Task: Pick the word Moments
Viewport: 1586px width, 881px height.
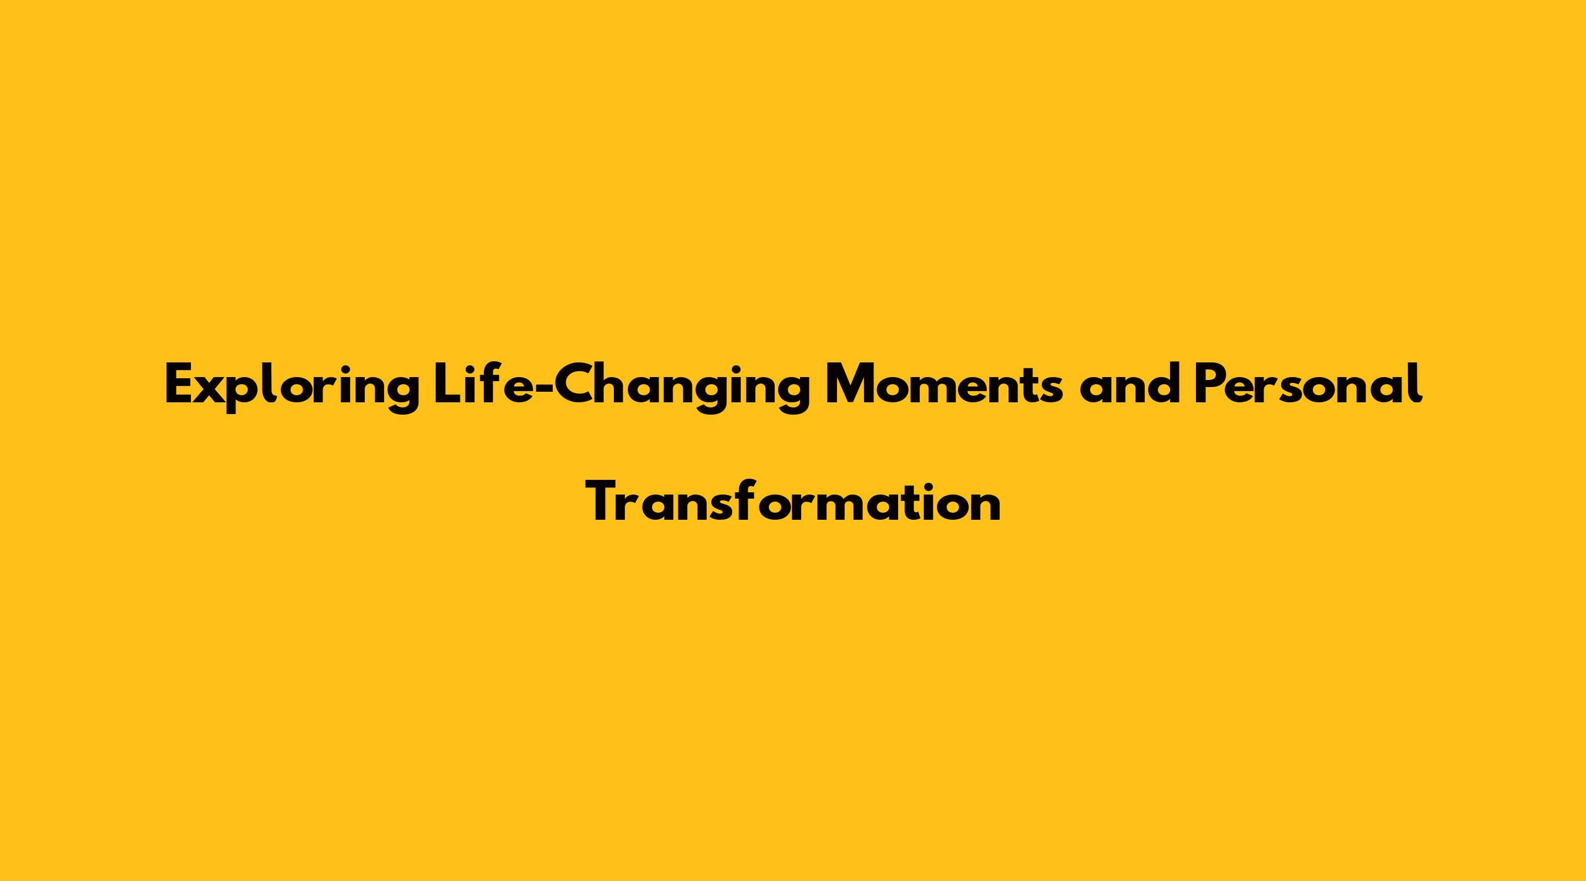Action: point(944,385)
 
